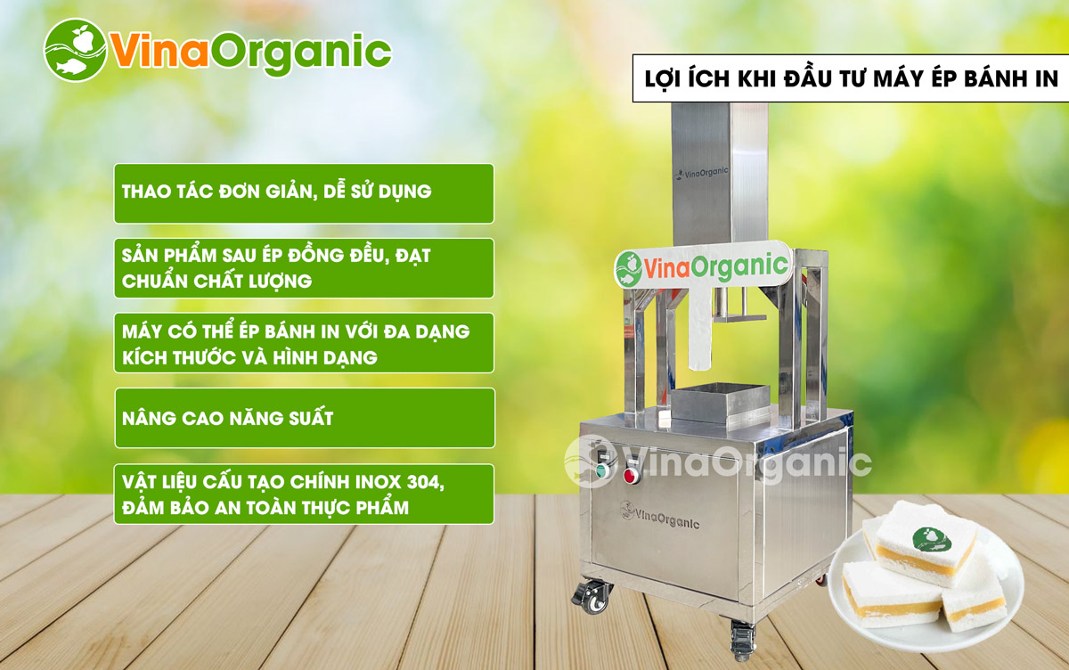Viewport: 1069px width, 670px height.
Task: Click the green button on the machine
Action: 603,470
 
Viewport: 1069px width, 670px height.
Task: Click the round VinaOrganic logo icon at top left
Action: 75,50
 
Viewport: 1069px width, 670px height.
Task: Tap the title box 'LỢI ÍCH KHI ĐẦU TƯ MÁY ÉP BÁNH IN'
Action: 851,78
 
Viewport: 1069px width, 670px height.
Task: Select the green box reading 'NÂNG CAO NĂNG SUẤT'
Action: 305,418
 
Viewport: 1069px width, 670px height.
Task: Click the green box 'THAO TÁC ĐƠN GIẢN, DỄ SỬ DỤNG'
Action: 304,193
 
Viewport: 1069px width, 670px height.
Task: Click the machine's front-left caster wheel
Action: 592,597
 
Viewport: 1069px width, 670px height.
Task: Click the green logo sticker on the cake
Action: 931,539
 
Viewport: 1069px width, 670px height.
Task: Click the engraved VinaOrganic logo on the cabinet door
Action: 660,515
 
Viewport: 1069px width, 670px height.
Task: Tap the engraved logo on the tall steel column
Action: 703,173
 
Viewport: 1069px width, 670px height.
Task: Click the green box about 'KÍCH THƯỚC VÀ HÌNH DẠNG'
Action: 304,343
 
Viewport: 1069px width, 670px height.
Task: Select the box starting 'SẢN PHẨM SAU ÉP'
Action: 304,268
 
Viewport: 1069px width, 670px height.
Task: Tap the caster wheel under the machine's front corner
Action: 742,640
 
